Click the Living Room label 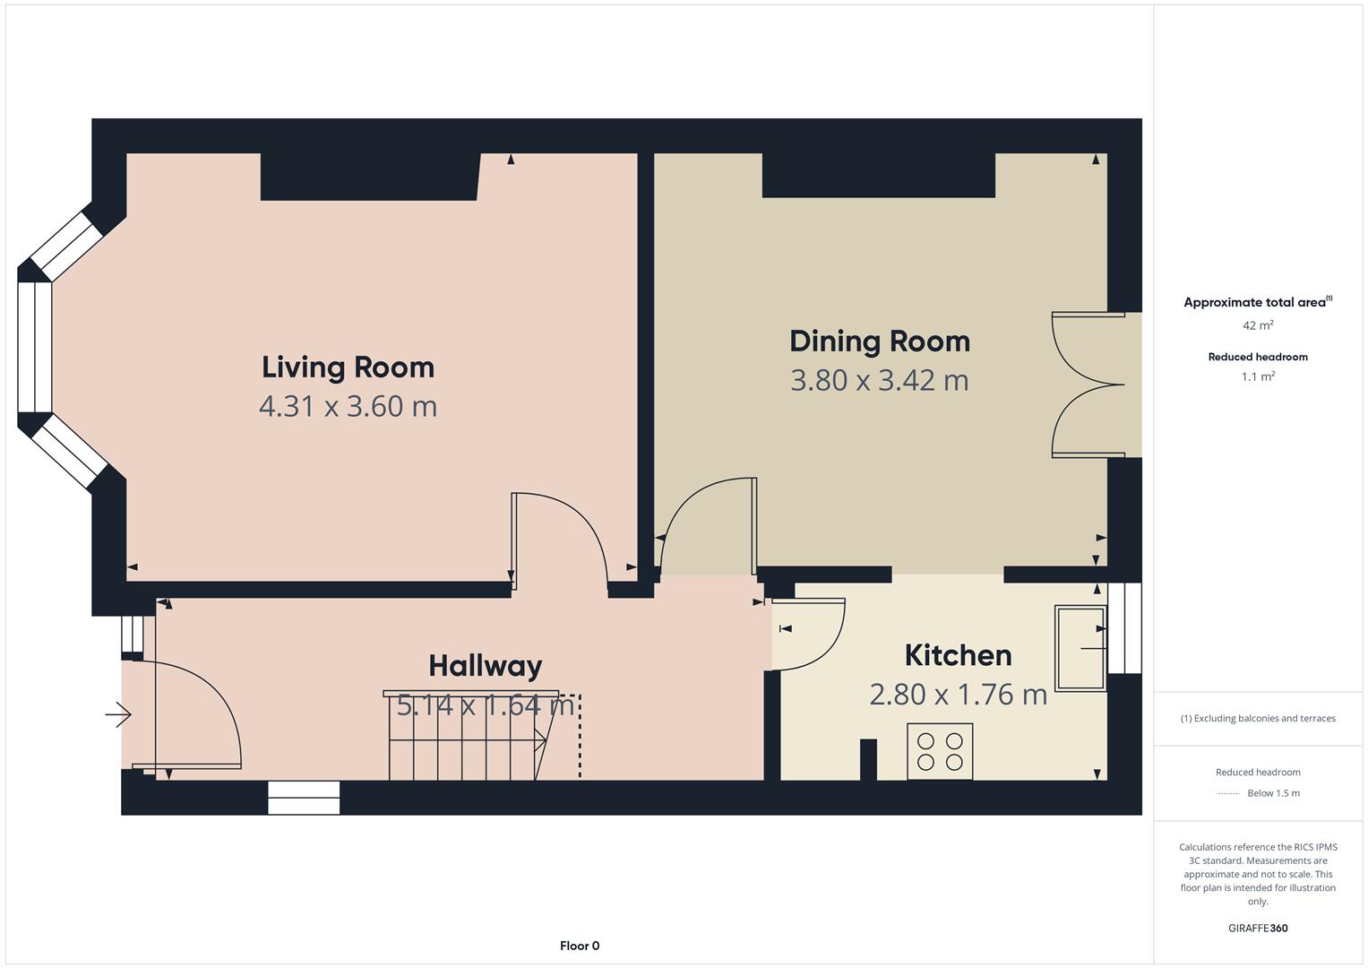click(348, 367)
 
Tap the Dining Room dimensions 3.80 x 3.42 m click(880, 380)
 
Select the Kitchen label click(959, 655)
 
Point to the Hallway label click(486, 666)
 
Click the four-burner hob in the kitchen click(940, 752)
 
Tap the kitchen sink click(1080, 648)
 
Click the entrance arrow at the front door click(118, 714)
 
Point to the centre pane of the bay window click(34, 348)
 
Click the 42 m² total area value click(1258, 324)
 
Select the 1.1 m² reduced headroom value click(1258, 376)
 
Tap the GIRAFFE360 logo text click(1258, 928)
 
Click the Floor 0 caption click(580, 946)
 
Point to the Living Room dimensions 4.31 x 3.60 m click(348, 406)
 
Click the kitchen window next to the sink click(1125, 627)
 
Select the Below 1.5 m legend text click(1273, 793)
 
